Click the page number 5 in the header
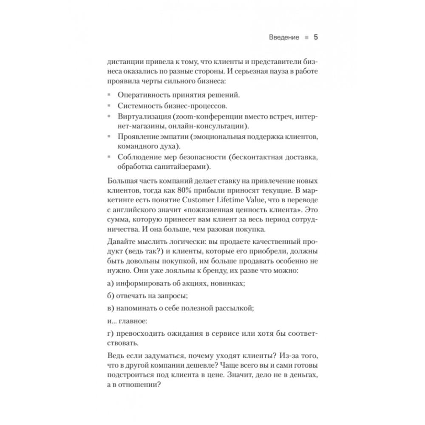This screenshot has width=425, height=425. tap(316, 37)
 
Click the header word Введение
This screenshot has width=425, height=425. tap(284, 37)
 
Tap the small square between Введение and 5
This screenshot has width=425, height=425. tap(306, 37)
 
